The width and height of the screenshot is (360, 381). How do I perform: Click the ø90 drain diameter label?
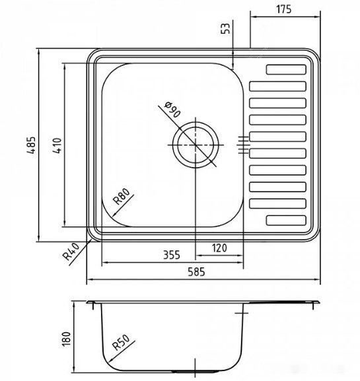(x=171, y=110)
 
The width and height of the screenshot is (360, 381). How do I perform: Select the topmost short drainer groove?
(x=287, y=69)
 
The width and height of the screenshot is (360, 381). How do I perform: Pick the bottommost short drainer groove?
(x=287, y=221)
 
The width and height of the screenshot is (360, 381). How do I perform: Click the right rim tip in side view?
(x=318, y=302)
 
